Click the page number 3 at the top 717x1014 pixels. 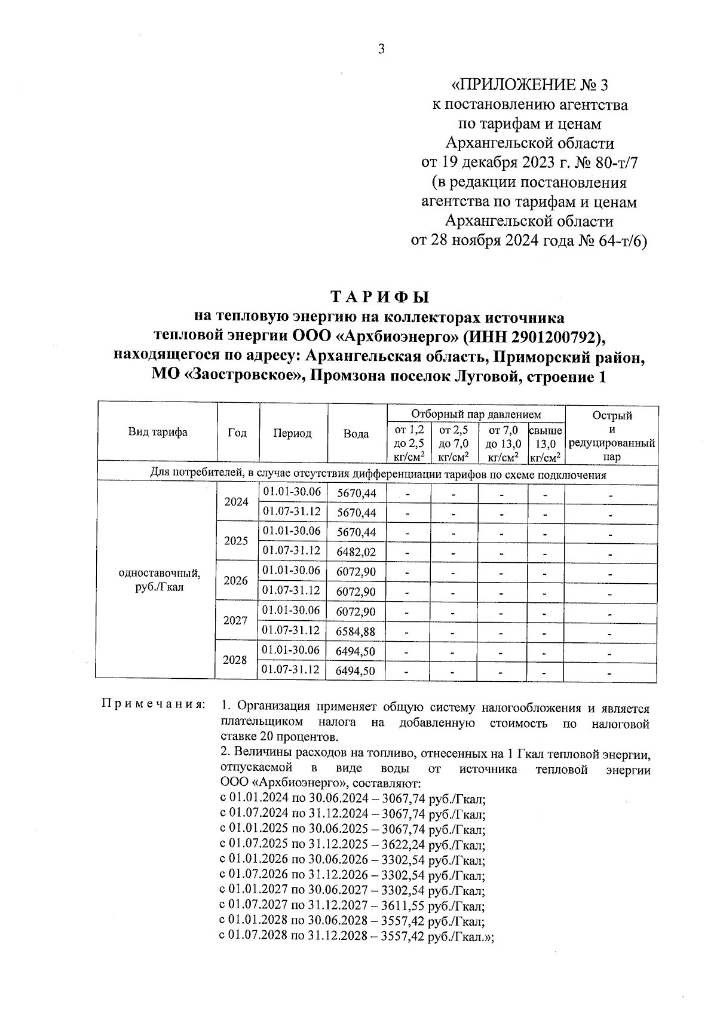pos(381,49)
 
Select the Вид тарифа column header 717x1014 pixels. pos(158,433)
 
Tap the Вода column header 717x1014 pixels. pos(356,434)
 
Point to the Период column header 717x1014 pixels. pos(292,434)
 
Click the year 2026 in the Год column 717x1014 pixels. pos(235,581)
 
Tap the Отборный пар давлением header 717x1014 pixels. pos(476,414)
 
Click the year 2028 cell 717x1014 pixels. pos(235,660)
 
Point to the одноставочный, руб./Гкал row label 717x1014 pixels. pos(160,580)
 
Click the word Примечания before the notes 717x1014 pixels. pos(153,704)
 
